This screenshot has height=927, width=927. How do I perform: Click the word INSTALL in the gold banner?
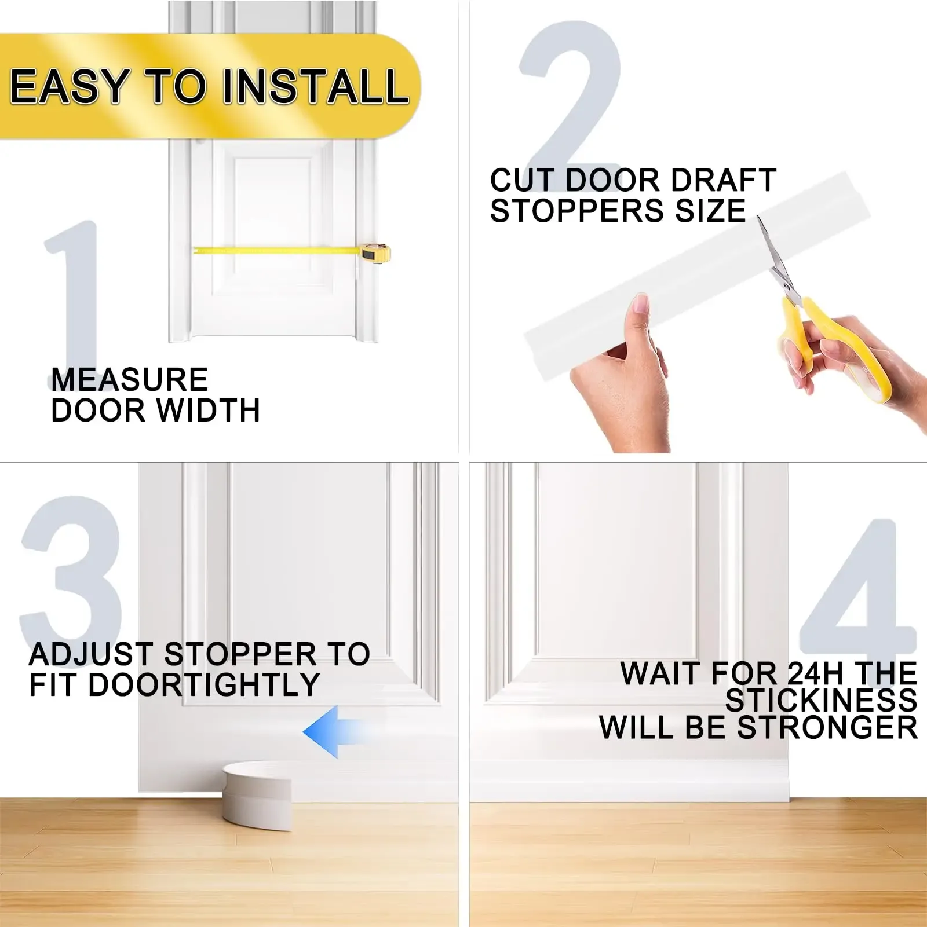point(316,87)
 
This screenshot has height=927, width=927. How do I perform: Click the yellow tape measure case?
point(376,252)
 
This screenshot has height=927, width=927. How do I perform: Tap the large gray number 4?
point(857,591)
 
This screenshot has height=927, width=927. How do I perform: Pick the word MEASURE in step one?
point(130,380)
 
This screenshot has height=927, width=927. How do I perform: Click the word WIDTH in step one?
point(208,411)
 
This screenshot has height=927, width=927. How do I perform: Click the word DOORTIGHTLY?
point(203,685)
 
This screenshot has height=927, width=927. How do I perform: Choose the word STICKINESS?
point(821,701)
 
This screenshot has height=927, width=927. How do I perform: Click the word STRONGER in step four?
point(827,728)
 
